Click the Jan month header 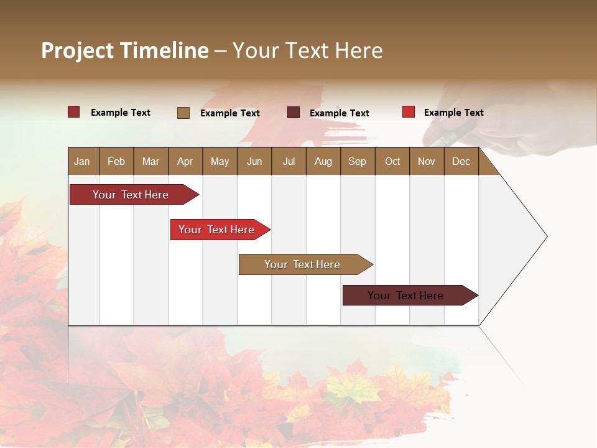[x=83, y=161]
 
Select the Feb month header [x=116, y=161]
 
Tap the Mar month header [x=150, y=161]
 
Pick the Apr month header [x=185, y=161]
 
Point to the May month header [x=220, y=161]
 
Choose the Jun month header [x=254, y=161]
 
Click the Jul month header [x=289, y=161]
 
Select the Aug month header [x=323, y=161]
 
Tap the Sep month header [x=358, y=161]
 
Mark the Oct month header [x=392, y=161]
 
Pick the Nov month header [x=427, y=161]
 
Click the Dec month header [x=461, y=161]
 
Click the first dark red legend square [x=74, y=112]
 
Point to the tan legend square [x=183, y=113]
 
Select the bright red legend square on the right [x=409, y=112]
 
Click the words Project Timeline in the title [x=125, y=50]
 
